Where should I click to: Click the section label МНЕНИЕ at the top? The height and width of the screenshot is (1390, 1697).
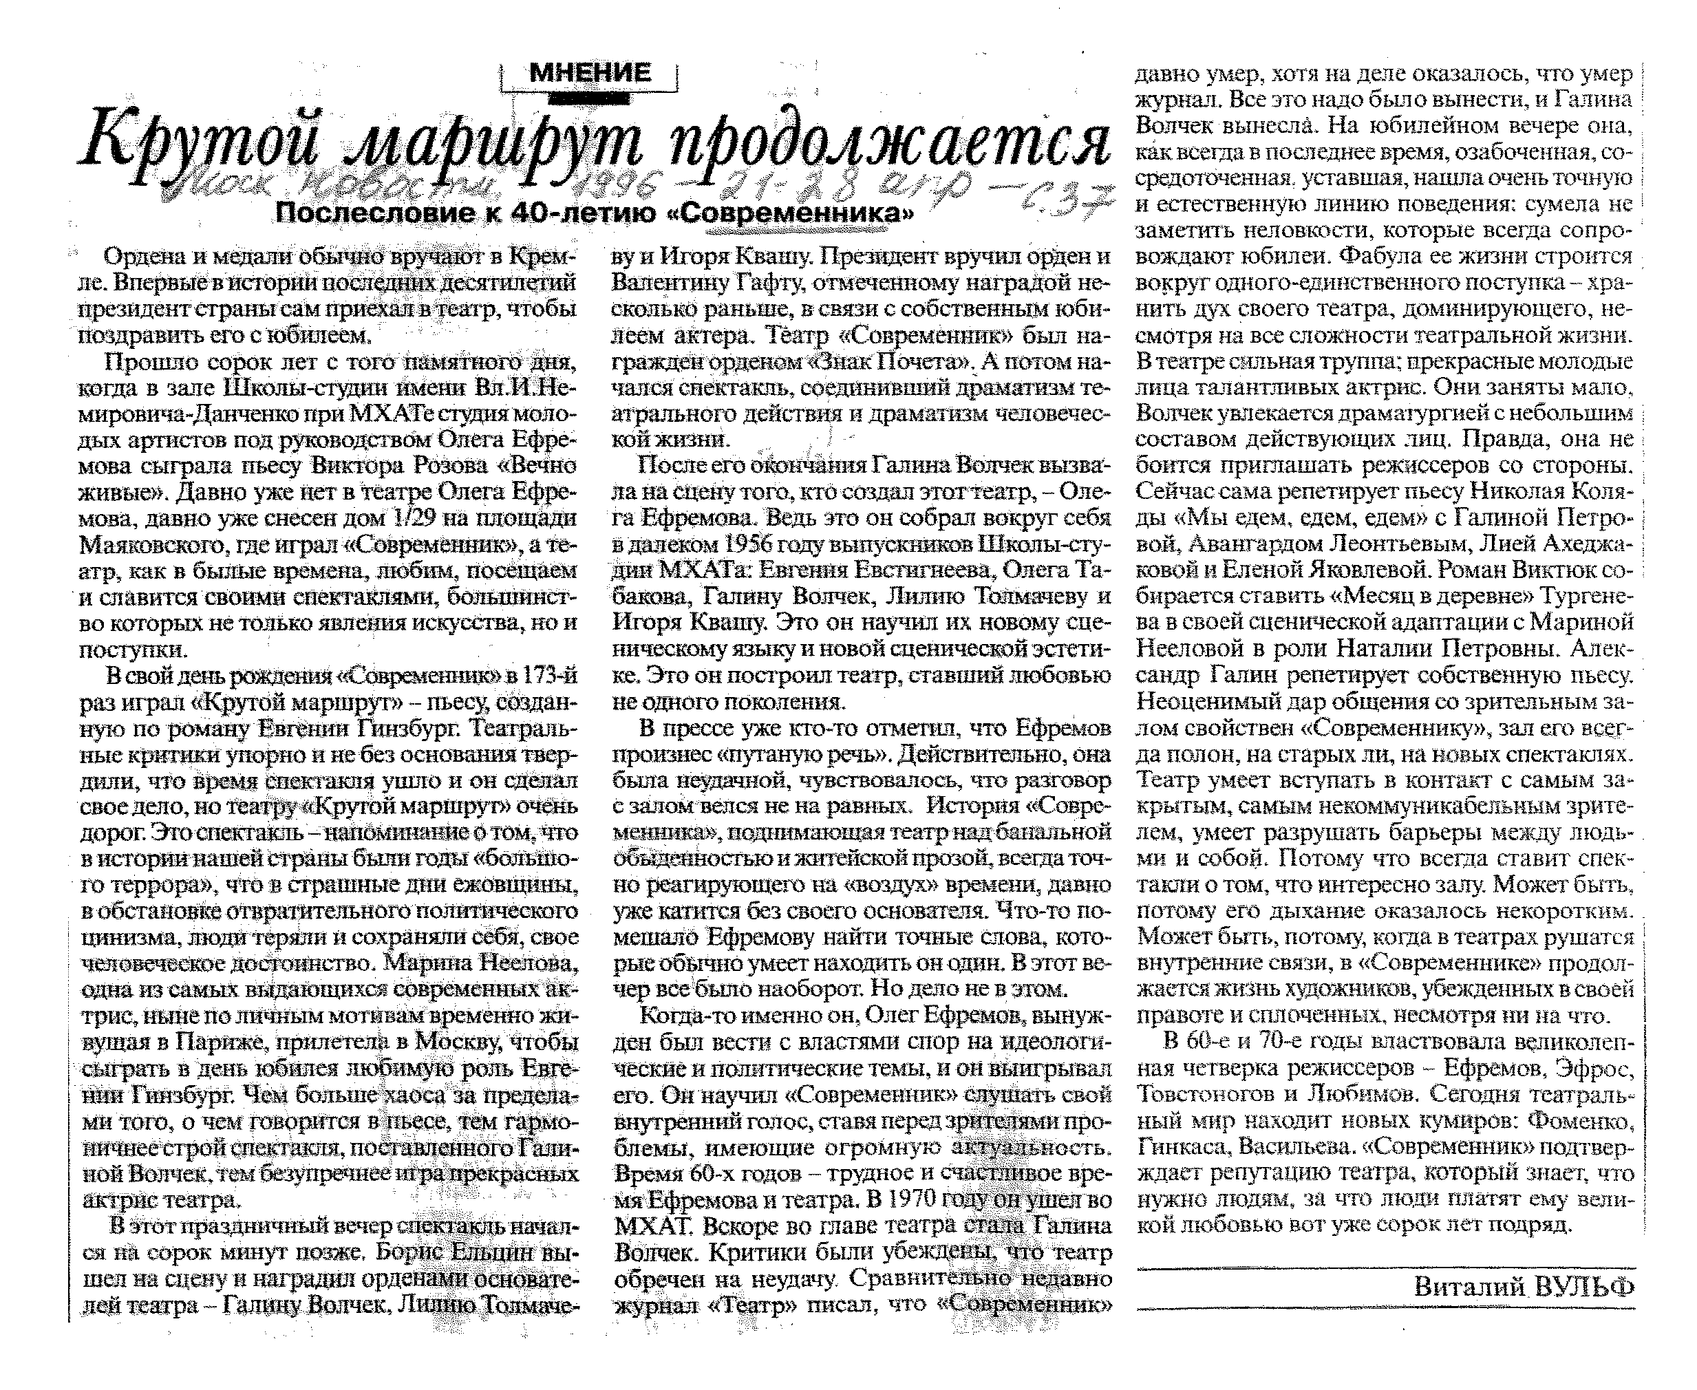(590, 74)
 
